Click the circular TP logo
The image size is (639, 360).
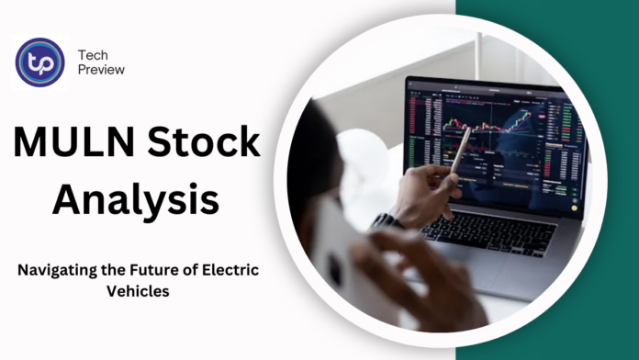40,62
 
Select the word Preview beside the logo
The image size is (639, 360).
102,70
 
